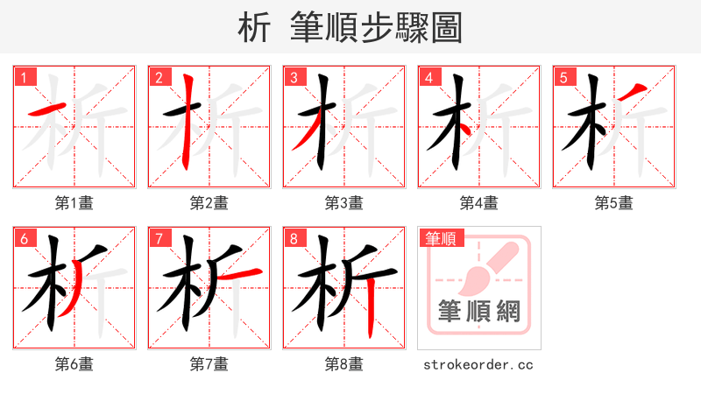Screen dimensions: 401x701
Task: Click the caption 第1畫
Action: coord(74,203)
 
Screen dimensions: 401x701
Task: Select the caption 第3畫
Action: coord(344,203)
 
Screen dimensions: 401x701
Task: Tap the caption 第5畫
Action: coord(613,203)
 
